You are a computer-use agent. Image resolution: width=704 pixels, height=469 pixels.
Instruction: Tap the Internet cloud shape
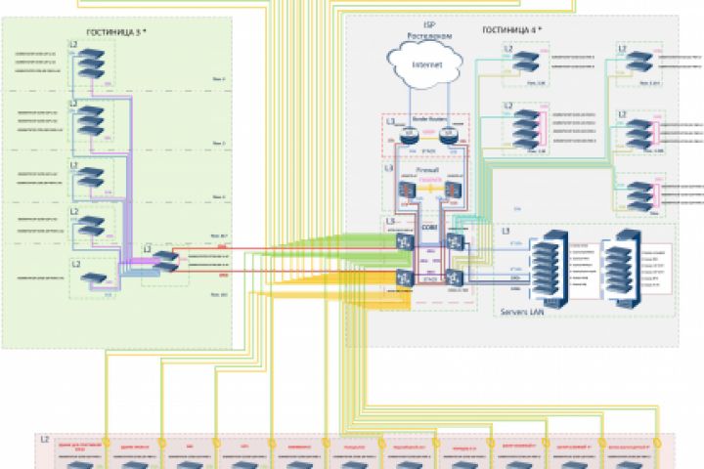point(427,66)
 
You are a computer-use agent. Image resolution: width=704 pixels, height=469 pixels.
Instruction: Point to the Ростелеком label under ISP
point(427,34)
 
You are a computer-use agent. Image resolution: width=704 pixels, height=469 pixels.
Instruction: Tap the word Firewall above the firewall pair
point(428,169)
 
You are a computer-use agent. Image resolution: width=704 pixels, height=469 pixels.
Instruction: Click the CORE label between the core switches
point(427,229)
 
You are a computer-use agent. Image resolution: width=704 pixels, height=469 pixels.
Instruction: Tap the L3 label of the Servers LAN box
point(506,231)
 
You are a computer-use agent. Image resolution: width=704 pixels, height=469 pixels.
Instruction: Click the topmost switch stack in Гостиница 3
point(93,64)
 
